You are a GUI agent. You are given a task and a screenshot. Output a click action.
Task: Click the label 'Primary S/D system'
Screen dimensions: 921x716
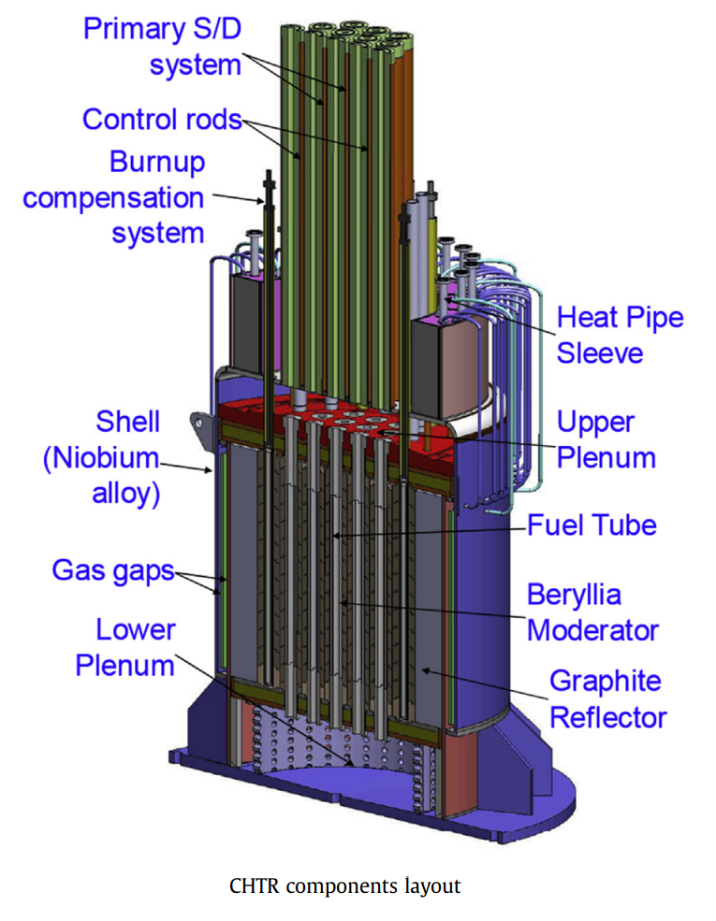[x=161, y=46]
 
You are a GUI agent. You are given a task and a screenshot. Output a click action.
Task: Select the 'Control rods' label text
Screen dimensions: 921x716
[x=161, y=120]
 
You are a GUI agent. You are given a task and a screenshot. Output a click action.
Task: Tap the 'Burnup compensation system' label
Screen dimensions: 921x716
[x=113, y=197]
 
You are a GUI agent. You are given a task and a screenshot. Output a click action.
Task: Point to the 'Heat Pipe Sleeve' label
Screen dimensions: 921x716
[x=620, y=334]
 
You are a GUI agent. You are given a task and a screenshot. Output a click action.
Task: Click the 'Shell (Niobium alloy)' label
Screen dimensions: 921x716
[x=101, y=457]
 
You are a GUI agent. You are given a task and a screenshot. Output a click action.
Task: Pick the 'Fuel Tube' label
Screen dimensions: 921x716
[x=592, y=525]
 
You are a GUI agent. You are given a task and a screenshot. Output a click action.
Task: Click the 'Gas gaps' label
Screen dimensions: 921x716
[x=112, y=569]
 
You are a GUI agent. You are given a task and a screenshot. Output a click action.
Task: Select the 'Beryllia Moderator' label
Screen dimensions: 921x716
[x=592, y=612]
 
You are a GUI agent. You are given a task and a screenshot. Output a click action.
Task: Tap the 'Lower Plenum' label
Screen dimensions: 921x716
[x=124, y=647]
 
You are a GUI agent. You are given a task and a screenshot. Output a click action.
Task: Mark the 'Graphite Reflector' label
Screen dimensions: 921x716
[x=607, y=698]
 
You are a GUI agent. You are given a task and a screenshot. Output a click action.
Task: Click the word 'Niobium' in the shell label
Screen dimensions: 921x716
[x=102, y=458]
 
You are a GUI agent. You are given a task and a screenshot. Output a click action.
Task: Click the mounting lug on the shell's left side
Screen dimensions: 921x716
[x=198, y=420]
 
